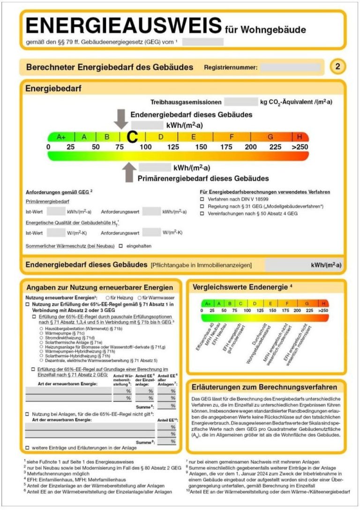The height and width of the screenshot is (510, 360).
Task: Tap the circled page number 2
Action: click(x=337, y=67)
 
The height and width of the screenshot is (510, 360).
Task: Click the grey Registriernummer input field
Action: click(x=291, y=67)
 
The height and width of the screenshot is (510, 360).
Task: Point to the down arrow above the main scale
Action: click(x=121, y=119)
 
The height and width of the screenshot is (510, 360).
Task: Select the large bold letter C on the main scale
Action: click(x=133, y=137)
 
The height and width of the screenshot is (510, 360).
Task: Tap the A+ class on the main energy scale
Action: click(x=61, y=137)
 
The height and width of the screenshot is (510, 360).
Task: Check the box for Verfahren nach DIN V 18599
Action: click(x=202, y=199)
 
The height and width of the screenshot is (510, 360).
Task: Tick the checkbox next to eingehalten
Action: click(x=120, y=246)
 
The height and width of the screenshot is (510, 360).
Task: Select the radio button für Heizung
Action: click(x=108, y=298)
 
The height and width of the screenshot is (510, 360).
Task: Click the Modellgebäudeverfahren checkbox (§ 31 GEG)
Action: click(x=202, y=206)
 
